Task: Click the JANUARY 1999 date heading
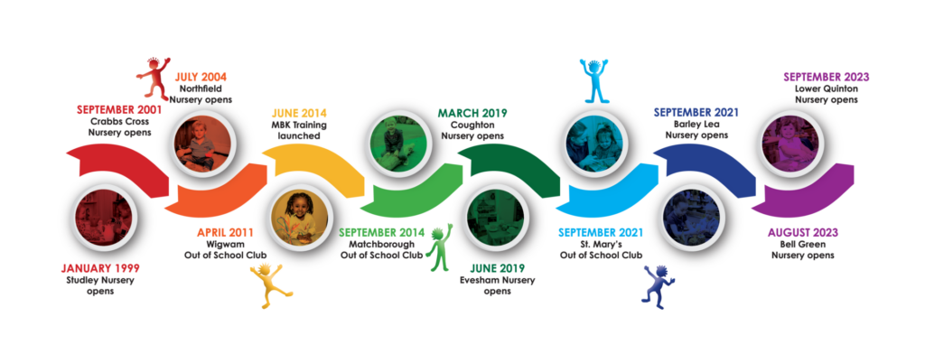click(100, 269)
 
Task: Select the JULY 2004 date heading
click(201, 77)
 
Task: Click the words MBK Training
click(298, 125)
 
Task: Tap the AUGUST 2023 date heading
click(802, 233)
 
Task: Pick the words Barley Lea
click(696, 125)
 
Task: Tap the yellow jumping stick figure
click(271, 286)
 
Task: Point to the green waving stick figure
click(439, 248)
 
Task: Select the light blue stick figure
click(593, 80)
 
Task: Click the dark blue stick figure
click(658, 285)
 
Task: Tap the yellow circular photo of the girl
click(299, 218)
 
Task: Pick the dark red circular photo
click(103, 218)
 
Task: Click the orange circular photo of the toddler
click(203, 144)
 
